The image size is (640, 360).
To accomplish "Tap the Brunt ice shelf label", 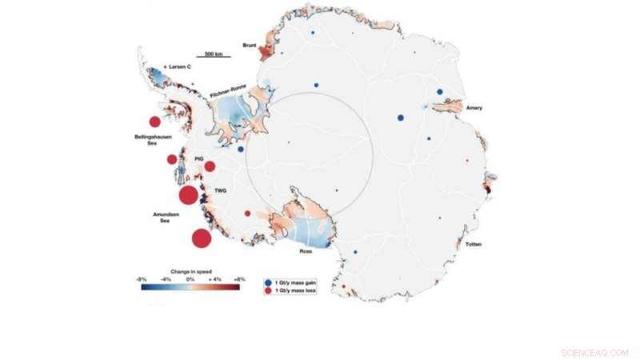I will (x=248, y=46).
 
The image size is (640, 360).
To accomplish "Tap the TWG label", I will (x=219, y=191).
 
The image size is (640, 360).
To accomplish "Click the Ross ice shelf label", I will (x=306, y=251).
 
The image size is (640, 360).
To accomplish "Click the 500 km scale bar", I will (x=214, y=56).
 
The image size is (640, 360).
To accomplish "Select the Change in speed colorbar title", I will (x=190, y=270).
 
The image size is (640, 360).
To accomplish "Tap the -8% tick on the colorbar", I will (x=141, y=278).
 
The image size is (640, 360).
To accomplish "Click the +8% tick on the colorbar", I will (x=238, y=278).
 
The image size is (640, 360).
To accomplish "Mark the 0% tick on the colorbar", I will (x=190, y=278).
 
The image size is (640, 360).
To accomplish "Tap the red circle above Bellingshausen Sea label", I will (x=154, y=122).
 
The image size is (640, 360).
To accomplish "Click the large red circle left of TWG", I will (x=188, y=195).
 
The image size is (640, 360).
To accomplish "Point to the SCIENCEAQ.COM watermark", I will (x=595, y=352).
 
